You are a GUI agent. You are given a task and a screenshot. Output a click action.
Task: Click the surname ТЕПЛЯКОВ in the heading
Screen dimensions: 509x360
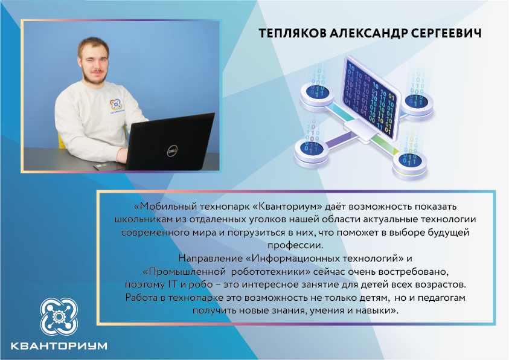click(292, 33)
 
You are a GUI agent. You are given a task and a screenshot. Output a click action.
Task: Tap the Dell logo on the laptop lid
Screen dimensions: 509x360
click(172, 151)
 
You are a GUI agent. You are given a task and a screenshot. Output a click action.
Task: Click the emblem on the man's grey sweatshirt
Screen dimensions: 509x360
click(115, 104)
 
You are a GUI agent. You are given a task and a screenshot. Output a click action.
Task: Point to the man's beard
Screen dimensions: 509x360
click(94, 76)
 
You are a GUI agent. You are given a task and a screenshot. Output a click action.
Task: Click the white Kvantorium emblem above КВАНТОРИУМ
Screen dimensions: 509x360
click(59, 317)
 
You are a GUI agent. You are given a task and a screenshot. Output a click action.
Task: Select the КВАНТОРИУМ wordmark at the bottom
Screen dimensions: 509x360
click(59, 346)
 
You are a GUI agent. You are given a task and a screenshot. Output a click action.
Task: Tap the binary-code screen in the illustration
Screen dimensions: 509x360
click(370, 99)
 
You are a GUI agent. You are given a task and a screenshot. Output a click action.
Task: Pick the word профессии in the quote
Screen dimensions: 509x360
click(295, 245)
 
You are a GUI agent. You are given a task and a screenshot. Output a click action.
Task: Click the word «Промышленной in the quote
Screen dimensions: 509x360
click(184, 271)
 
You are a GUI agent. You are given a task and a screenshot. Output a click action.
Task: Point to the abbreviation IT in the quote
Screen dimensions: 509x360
click(172, 284)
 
